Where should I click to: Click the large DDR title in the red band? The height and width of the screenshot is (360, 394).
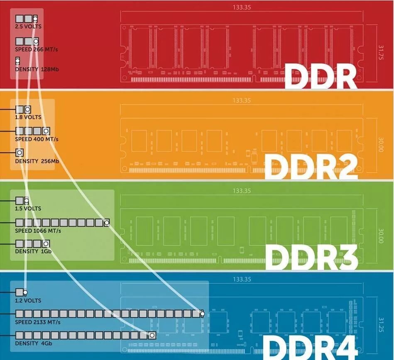321,76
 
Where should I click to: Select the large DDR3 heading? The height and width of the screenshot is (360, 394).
311,257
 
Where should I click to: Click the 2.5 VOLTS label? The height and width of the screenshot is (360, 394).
28,27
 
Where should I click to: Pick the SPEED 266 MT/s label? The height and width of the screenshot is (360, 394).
37,49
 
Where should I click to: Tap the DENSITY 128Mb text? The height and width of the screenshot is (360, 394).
37,69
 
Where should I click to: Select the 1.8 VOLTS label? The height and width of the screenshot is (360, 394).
28,117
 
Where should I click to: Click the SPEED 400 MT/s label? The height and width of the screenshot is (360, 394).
37,139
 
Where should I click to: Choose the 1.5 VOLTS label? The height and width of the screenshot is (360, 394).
28,209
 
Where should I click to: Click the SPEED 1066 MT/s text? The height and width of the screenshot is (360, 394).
38,231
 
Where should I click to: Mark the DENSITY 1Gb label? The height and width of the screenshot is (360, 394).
33,251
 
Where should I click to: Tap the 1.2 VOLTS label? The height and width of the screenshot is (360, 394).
28,300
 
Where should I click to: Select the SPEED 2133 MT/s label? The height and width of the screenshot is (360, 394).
38,322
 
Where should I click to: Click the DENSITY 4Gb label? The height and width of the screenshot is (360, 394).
34,343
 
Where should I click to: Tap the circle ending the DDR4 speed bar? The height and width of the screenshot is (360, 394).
202,314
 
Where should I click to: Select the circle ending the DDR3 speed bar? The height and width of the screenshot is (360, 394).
107,223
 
